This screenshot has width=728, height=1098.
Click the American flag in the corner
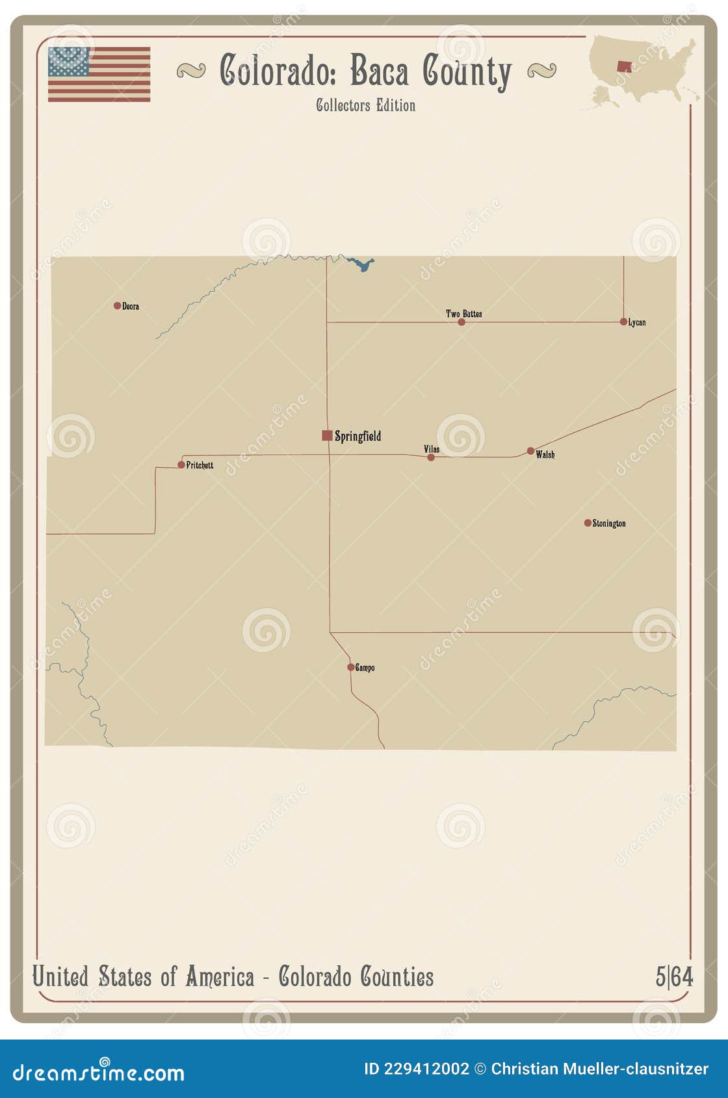point(99,74)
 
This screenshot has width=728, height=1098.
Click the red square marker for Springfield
point(327,435)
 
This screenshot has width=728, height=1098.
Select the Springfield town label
point(357,436)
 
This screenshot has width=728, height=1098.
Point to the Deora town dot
point(118,305)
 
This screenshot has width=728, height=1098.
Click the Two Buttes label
point(464,314)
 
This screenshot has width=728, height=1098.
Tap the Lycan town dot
point(623,322)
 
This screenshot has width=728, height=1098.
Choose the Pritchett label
point(200,465)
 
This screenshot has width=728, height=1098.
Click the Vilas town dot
point(430,457)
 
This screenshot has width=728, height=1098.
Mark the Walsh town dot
point(530,451)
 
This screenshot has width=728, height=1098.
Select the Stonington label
point(609,524)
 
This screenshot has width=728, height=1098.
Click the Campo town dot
point(350,667)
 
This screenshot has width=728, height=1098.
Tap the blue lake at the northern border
point(361,264)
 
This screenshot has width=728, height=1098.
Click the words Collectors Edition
point(365,105)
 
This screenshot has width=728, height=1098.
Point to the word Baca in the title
point(380,71)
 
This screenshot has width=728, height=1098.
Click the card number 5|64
point(674,977)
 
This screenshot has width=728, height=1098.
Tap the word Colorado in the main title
point(278,71)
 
